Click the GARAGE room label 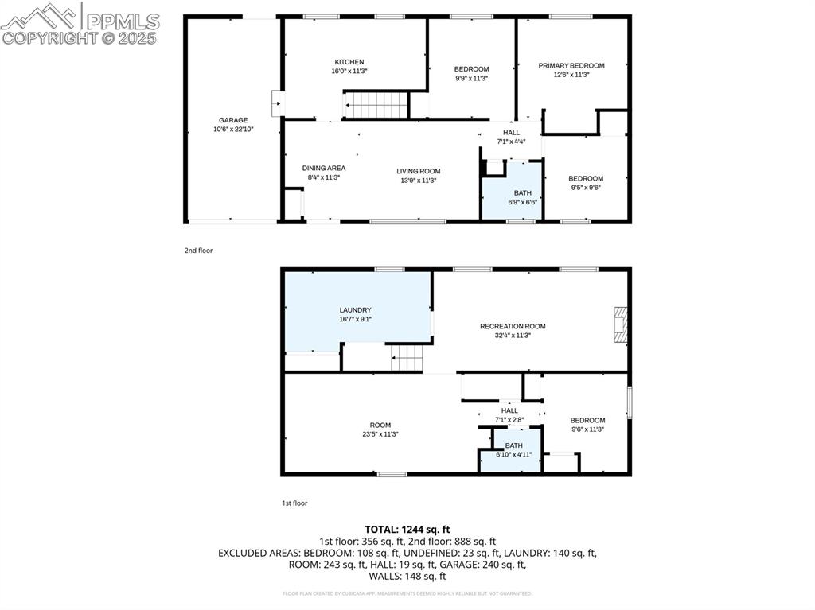(x=233, y=120)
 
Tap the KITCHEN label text (x=349, y=62)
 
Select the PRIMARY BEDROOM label (x=571, y=66)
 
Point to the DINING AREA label (x=323, y=168)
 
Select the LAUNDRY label (x=355, y=310)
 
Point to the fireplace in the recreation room (x=621, y=324)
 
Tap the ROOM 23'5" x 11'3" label (x=380, y=425)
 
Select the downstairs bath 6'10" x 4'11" (x=513, y=450)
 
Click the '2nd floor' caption (x=198, y=251)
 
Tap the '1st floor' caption (x=294, y=503)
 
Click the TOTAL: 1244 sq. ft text (x=407, y=529)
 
